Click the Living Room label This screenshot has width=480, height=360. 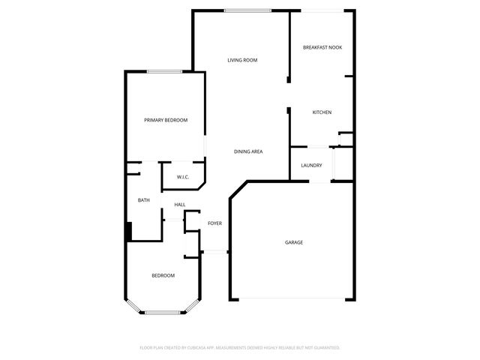pos(243,60)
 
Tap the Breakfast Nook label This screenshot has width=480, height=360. pos(322,47)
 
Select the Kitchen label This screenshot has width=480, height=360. pos(322,112)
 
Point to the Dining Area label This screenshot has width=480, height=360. pos(247,152)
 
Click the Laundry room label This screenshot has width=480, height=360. pos(311,166)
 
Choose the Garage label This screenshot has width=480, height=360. pos(293,242)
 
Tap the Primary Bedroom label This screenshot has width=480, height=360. pos(166,120)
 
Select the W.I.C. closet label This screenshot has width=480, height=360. pos(182,177)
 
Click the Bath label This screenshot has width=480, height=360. pos(144,200)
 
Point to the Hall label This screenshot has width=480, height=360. pos(180,205)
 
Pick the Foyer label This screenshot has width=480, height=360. pos(214,223)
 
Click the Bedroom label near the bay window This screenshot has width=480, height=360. pos(163,276)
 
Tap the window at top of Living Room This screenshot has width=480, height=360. pos(247,10)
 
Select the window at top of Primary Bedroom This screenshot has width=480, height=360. pos(164,72)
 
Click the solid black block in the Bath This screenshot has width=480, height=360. pos(129,231)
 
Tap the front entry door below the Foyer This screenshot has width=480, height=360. pos(214,252)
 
